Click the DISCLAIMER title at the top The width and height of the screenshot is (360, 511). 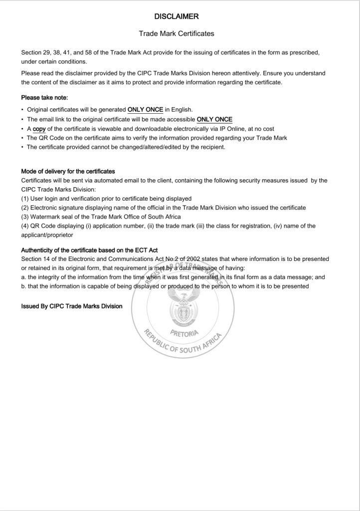pos(177,16)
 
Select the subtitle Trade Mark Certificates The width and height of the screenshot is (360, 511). pos(177,33)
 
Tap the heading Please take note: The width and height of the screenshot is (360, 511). pos(44,97)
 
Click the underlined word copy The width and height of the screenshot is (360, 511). pos(39,129)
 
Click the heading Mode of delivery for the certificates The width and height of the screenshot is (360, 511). pos(68,172)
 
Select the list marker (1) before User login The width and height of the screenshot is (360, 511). pos(25,199)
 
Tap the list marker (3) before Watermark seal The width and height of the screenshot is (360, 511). pos(25,217)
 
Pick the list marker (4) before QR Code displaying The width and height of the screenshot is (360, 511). pos(25,226)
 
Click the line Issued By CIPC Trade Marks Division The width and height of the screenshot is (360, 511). pos(71,306)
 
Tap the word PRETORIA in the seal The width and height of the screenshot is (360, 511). pos(184,333)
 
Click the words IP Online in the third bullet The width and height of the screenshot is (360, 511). pos(225,129)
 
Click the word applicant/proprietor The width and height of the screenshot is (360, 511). pos(47,235)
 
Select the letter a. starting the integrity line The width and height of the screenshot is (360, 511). pos(24,277)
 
